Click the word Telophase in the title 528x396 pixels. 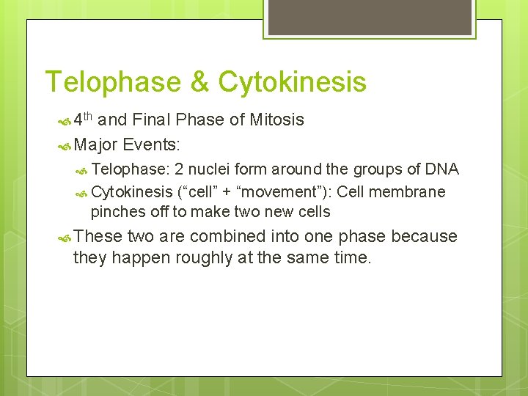pos(110,82)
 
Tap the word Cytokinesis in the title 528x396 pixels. pos(291,82)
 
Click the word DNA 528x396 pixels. pos(442,169)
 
